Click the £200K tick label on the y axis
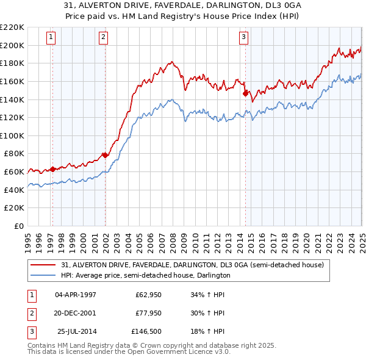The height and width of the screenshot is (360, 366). coord(12,45)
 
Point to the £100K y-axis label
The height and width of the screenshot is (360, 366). coord(12,135)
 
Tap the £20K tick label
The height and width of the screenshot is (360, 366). coord(14,208)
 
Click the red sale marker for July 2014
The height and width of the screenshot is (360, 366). coord(245,93)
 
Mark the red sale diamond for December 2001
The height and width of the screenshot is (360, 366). coord(105,155)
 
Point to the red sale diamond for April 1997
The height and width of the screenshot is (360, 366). coord(52,169)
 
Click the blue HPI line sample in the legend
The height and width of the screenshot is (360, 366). coord(43,275)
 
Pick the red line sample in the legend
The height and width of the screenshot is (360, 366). coord(43,265)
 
